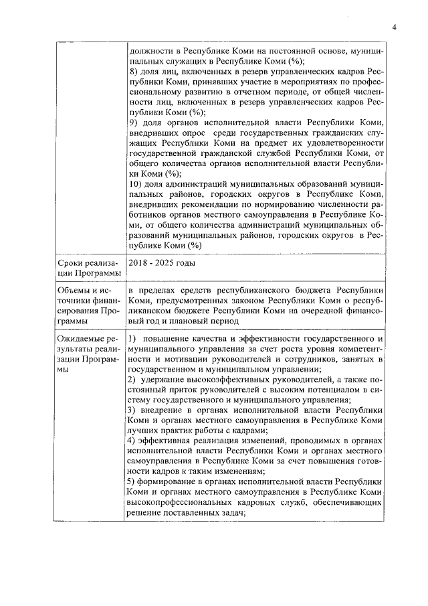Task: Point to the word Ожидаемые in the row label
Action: pyautogui.click(x=79, y=339)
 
